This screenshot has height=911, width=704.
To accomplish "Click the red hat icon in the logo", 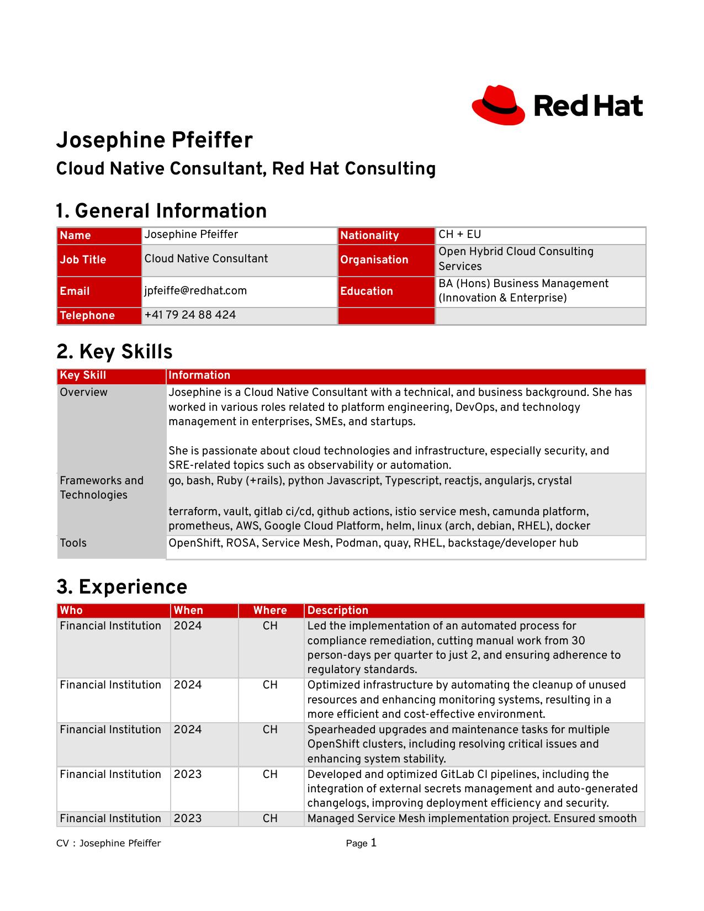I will pyautogui.click(x=498, y=105).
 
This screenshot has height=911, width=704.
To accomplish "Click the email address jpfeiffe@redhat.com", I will pyautogui.click(x=195, y=291).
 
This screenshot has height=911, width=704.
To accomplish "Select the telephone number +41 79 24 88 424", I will pyautogui.click(x=190, y=315).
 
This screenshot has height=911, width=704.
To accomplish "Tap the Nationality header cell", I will pyautogui.click(x=369, y=236).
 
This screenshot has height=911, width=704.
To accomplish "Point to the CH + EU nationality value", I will pyautogui.click(x=459, y=235).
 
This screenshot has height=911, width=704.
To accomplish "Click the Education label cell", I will pyautogui.click(x=366, y=292).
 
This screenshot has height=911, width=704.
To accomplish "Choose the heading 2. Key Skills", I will pyautogui.click(x=114, y=352).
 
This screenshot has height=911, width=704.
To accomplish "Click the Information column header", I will pyautogui.click(x=199, y=375).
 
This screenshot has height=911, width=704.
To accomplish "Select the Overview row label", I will pyautogui.click(x=83, y=393).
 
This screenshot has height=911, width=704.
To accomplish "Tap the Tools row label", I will pyautogui.click(x=73, y=543).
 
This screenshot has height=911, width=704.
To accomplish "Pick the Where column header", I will pyautogui.click(x=270, y=611).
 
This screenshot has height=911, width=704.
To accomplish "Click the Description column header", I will pyautogui.click(x=337, y=611).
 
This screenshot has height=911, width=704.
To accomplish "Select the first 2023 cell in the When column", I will pyautogui.click(x=188, y=775).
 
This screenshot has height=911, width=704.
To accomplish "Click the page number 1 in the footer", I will pyautogui.click(x=374, y=843).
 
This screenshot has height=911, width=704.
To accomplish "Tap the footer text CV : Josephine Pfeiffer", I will pyautogui.click(x=109, y=844).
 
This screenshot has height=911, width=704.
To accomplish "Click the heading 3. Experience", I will pyautogui.click(x=122, y=587).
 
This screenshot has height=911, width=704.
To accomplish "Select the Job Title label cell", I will pyautogui.click(x=83, y=260).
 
